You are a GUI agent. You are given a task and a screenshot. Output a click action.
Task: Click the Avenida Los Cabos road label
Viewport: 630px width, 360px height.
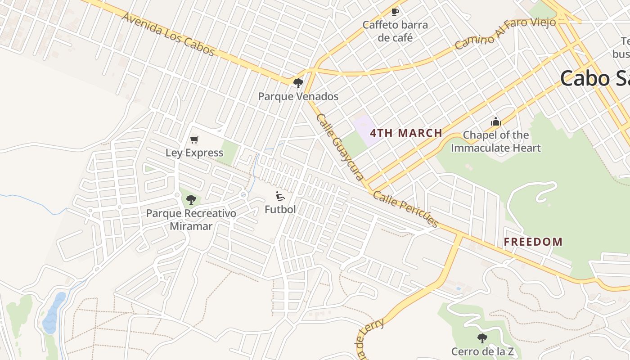coord(168,34)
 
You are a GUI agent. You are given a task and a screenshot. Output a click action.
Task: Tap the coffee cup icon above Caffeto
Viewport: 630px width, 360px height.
coord(395,12)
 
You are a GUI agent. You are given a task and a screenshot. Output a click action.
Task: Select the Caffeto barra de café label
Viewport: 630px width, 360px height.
coord(395,31)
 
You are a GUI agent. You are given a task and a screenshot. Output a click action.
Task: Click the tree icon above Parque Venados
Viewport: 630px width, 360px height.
coord(298,83)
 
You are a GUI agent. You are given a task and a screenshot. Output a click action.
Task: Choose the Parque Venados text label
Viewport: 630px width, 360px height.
coord(298,96)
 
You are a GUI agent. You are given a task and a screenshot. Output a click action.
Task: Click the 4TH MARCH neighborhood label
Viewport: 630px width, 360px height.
coord(406,133)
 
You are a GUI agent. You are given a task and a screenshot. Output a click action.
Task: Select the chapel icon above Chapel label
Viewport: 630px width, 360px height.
coord(495,121)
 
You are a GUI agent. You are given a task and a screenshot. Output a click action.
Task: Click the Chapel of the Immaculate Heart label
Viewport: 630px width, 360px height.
coord(495,141)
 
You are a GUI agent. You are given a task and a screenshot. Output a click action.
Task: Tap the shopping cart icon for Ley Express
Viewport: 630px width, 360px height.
coord(194,139)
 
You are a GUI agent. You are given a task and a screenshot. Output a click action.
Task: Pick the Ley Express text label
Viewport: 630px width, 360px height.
coord(194,153)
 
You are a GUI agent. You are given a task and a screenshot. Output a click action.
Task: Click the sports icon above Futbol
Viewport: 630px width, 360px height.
coord(280,196)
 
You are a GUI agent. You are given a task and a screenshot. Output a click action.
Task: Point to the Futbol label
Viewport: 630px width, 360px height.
coord(280,209)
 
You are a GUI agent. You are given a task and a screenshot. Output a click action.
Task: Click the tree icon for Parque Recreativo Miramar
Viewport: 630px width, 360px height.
coord(191,199)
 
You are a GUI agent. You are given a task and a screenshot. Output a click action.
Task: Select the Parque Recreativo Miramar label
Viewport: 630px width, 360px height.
coord(191,219)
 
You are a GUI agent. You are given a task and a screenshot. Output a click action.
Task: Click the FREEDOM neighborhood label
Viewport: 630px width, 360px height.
coord(533,242)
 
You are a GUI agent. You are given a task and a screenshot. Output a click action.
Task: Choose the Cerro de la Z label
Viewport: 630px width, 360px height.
coord(482,351)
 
